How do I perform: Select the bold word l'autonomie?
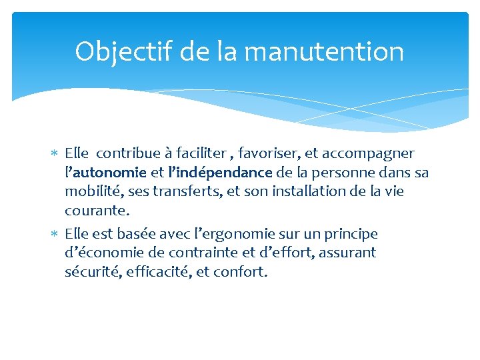click(x=105, y=173)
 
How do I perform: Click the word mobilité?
click(x=91, y=191)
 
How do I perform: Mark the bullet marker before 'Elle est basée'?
click(x=56, y=235)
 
